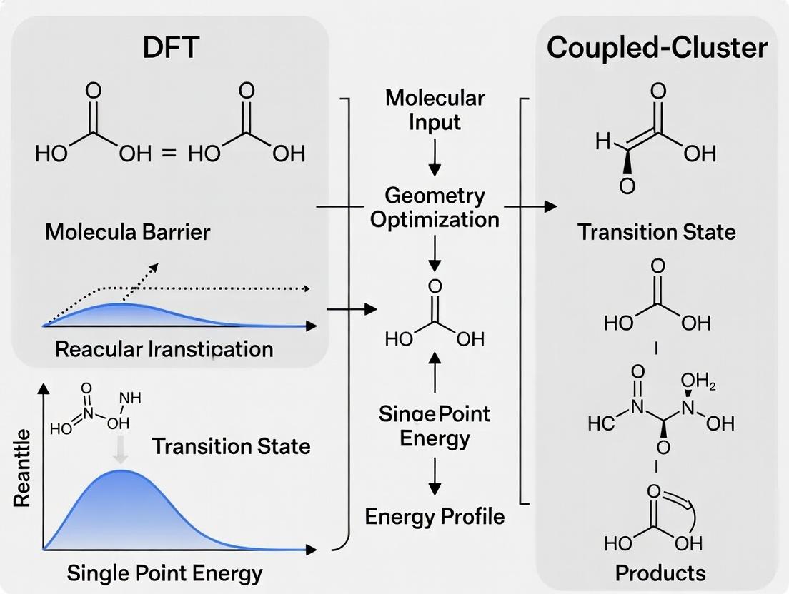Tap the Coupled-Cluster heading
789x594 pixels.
pos(657,48)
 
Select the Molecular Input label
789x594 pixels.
pos(435,109)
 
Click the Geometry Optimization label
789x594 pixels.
pos(434,206)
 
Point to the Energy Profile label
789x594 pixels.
pos(435,515)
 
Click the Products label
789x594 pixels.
pos(660,572)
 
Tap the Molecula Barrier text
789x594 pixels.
pos(127,231)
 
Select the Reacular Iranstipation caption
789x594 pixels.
pos(164,349)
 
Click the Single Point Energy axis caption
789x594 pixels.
pos(164,572)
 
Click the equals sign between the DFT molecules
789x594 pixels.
pos(168,153)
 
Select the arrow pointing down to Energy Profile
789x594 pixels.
pos(435,478)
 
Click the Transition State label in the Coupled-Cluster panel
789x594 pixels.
pos(656,232)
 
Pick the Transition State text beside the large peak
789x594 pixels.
pos(231,446)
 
